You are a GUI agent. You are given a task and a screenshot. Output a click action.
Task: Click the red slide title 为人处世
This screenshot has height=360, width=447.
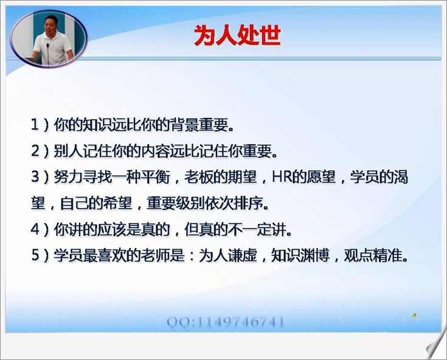point(237,35)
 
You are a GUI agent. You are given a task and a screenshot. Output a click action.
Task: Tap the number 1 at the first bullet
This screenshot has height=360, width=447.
point(35,125)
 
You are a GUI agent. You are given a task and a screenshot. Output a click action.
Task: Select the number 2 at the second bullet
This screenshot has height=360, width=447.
point(35,151)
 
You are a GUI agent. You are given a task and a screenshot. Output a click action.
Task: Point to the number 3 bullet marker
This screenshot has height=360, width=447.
point(35,177)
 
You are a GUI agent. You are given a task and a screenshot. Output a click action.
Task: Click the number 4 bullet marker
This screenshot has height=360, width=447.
point(35,229)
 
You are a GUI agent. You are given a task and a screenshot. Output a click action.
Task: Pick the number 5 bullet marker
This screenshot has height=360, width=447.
point(35,255)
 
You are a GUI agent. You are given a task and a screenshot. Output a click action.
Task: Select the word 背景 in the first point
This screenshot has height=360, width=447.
point(184,125)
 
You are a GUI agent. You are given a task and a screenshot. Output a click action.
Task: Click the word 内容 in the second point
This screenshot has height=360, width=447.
point(155,151)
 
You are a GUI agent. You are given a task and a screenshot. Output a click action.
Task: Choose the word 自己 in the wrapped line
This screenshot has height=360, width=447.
point(75,203)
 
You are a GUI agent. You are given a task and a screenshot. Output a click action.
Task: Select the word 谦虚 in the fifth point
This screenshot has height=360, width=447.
point(242,255)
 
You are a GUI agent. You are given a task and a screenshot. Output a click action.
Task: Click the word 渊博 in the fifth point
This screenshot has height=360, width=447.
point(315,255)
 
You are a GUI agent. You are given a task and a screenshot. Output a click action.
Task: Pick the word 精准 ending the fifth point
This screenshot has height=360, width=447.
point(387,255)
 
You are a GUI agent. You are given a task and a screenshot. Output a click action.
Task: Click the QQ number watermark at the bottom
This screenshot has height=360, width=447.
point(226,322)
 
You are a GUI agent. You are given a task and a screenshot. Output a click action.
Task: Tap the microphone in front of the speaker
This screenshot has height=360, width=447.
point(48,54)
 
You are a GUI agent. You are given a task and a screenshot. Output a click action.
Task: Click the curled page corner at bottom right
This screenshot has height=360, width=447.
point(436,345)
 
